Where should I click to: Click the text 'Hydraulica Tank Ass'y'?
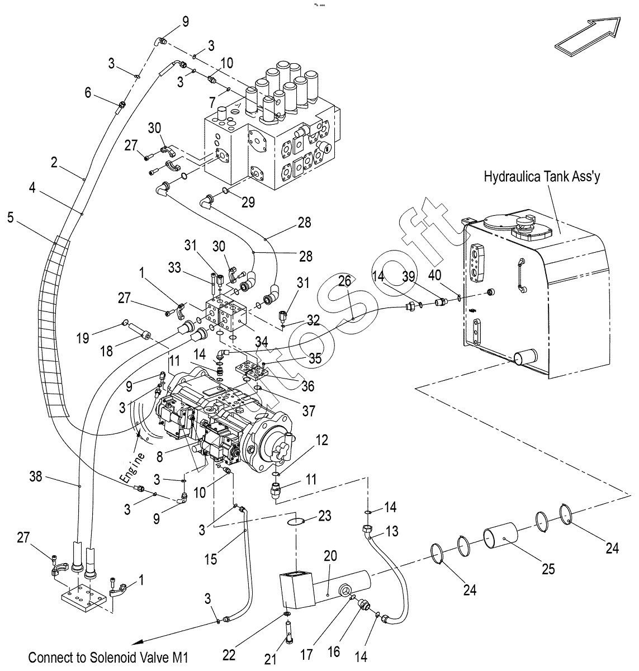click(542, 177)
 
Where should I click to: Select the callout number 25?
click(548, 569)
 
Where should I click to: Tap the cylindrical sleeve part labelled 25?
click(500, 535)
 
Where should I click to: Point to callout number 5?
click(11, 218)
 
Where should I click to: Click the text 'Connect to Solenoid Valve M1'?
click(108, 657)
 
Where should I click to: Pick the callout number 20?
click(330, 556)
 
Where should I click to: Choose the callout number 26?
click(344, 281)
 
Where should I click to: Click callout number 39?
click(409, 276)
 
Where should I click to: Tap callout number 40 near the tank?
click(434, 275)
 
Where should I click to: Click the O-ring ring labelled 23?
click(296, 521)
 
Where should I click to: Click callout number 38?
click(36, 476)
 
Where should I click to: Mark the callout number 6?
click(88, 92)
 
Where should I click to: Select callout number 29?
click(248, 202)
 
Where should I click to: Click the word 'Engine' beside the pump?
click(133, 467)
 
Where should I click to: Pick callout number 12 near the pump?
click(321, 440)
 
